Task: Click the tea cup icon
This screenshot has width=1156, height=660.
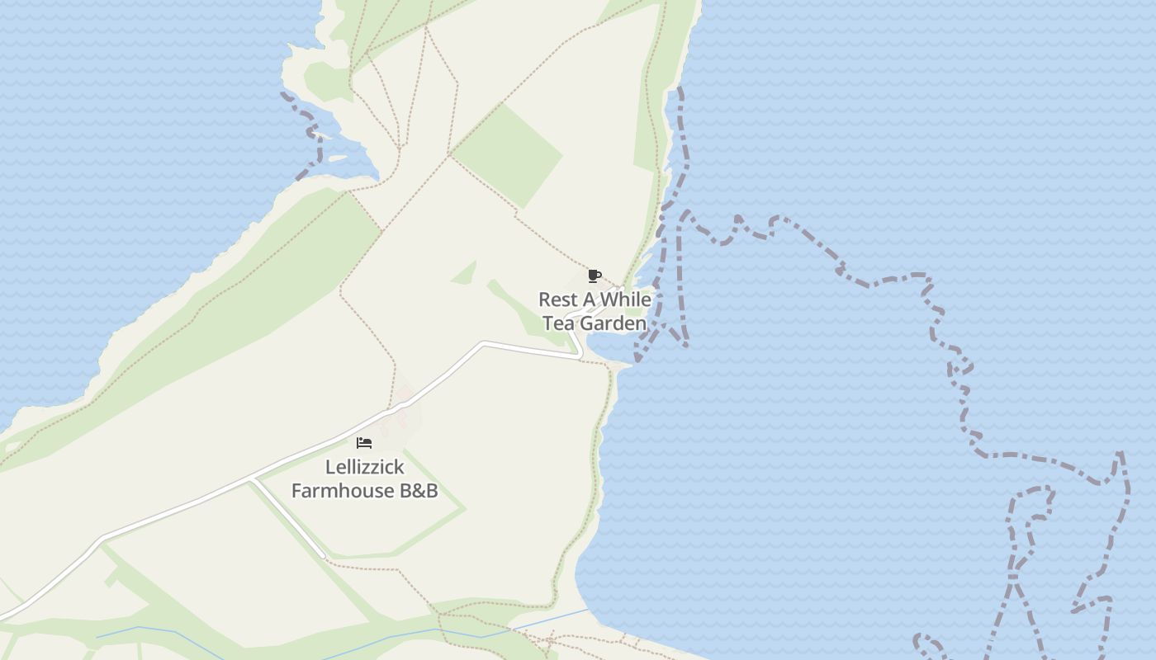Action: [594, 276]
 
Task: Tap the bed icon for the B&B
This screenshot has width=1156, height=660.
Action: [364, 443]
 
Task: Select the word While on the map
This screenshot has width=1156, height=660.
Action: [625, 299]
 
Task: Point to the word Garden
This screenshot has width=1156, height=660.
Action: [614, 323]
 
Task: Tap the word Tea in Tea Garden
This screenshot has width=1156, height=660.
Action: [559, 323]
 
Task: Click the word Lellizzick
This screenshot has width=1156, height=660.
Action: [365, 467]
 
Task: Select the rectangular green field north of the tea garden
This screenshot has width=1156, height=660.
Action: [508, 154]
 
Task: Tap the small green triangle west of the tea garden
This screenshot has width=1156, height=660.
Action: [466, 273]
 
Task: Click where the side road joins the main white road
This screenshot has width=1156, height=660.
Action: [252, 479]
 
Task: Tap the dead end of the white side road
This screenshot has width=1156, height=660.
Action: [322, 557]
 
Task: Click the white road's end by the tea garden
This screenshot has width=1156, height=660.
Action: [580, 356]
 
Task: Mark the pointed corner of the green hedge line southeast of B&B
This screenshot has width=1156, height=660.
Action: [465, 509]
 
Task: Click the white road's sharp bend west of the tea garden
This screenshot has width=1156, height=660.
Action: [484, 343]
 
